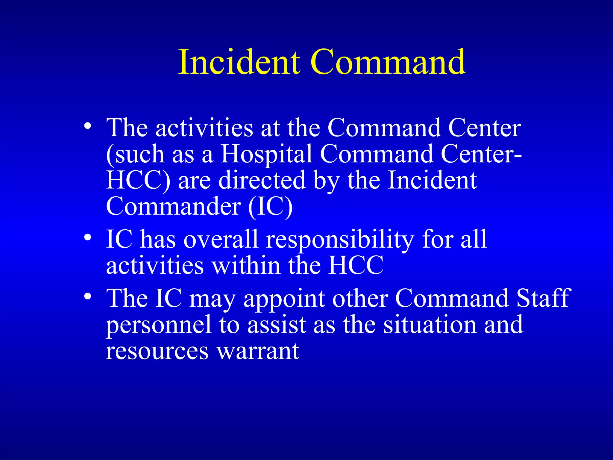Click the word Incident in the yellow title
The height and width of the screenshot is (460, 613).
coord(239,62)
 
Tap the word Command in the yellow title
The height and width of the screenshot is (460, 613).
coord(388,62)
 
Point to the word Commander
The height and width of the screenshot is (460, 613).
coord(174,206)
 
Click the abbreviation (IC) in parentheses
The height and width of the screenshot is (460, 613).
coord(270,206)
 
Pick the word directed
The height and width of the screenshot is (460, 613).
coord(262,181)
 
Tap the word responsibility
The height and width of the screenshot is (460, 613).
coord(340,240)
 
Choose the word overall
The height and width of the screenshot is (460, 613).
coord(221,240)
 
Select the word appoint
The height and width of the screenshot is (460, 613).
coord(284,299)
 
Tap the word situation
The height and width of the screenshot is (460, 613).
coord(430,325)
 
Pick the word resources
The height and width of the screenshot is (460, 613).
coord(157,351)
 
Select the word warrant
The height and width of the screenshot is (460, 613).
coord(258,351)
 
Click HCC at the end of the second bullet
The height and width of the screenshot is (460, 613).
coord(356,266)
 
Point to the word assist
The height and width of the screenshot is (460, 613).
coord(277,325)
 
